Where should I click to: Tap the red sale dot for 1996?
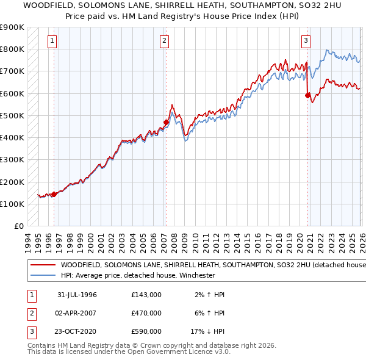pyautogui.click(x=54, y=195)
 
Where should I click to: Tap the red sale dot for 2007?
pyautogui.click(x=166, y=122)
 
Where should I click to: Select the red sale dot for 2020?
pyautogui.click(x=308, y=95)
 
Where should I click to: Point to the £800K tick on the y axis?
pyautogui.click(x=12, y=49)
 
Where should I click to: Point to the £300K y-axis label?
pyautogui.click(x=12, y=160)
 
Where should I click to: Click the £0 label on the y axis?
pyautogui.click(x=18, y=226)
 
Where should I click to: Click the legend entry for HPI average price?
pyautogui.click(x=138, y=275)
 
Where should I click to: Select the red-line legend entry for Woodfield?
pyautogui.click(x=207, y=265)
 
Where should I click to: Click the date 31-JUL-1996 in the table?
pyautogui.click(x=77, y=295)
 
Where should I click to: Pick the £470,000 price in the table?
pyautogui.click(x=146, y=313)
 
